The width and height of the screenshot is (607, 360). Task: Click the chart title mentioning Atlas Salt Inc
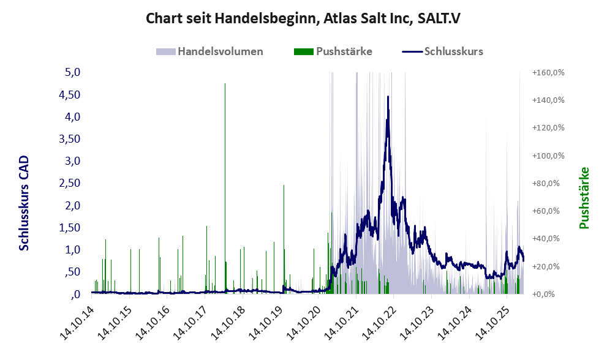303,18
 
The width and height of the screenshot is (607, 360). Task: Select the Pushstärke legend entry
344,51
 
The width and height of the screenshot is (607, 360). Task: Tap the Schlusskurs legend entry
453,51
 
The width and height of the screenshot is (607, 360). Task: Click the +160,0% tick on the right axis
548,72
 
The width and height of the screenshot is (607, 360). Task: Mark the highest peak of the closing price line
388,96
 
